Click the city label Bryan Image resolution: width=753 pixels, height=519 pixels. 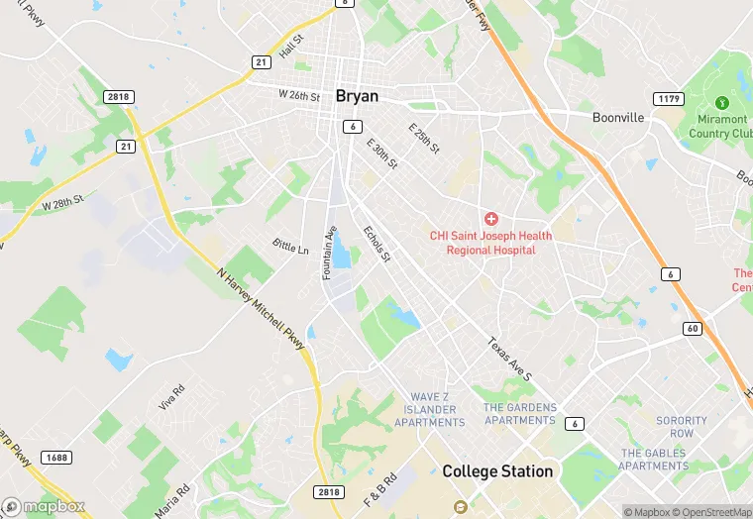click(x=358, y=96)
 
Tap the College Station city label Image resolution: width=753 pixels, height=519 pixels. click(x=497, y=471)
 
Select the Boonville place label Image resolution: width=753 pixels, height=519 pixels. click(x=618, y=117)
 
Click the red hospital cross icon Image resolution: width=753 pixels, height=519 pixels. click(x=489, y=218)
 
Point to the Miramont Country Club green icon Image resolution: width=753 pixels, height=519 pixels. click(x=722, y=102)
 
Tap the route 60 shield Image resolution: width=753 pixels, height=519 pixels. click(x=693, y=328)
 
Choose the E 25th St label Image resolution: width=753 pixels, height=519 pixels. click(x=423, y=137)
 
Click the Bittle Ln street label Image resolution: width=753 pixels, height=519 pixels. click(x=290, y=245)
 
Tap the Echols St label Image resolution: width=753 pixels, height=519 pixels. click(x=377, y=244)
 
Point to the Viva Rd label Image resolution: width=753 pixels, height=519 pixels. click(x=171, y=398)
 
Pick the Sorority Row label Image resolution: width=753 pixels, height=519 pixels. click(x=682, y=427)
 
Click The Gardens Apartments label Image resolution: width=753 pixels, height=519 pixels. click(x=519, y=414)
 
